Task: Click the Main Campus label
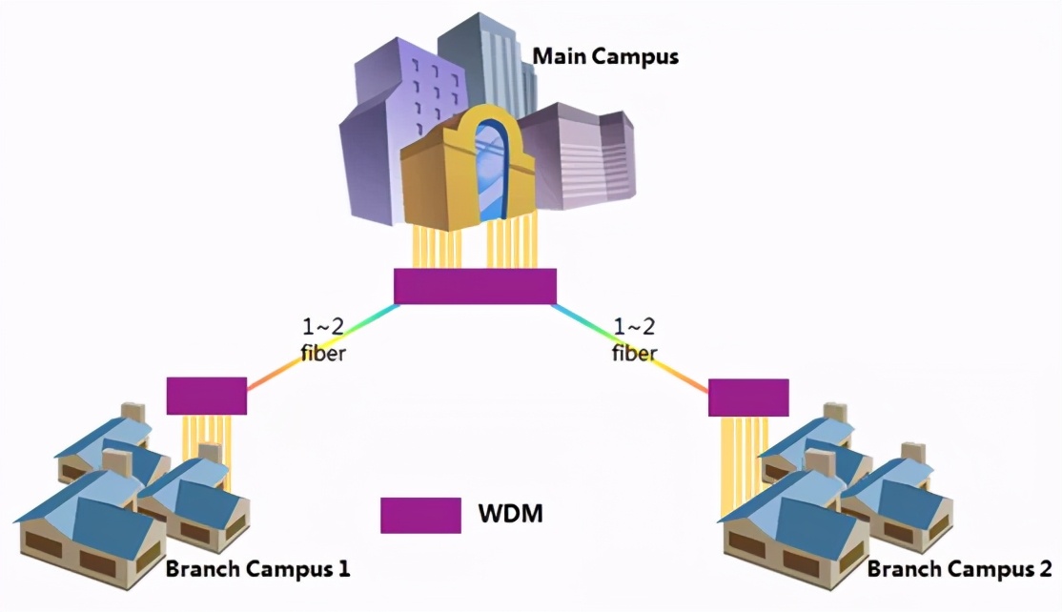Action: tap(604, 56)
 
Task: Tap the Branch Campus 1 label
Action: tap(257, 569)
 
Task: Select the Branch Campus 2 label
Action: tap(960, 569)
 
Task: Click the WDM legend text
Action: tap(511, 513)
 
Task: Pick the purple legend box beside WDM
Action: tap(420, 516)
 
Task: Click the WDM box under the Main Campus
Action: tap(475, 286)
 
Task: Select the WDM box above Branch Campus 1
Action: tap(207, 396)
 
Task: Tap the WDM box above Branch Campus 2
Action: tap(748, 398)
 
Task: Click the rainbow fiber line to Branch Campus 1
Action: tap(321, 348)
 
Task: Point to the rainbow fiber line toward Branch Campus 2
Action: tap(631, 348)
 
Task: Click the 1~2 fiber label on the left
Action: tap(323, 340)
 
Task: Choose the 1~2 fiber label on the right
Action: tap(635, 340)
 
